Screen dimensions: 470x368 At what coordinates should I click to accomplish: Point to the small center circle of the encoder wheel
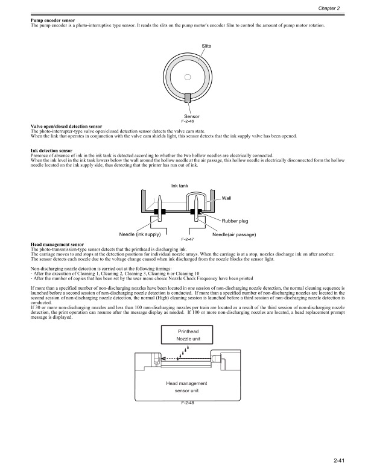[188, 77]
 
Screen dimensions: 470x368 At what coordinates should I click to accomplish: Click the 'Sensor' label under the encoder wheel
[192, 116]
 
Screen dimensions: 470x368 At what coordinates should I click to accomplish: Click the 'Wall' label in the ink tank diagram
[227, 198]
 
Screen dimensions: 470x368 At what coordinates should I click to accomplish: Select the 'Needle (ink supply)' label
[139, 234]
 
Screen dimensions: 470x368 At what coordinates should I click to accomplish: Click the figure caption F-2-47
[187, 239]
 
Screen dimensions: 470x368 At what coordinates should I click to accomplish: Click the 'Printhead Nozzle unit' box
[187, 336]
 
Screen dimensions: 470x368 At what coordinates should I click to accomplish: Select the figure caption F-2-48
[187, 403]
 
